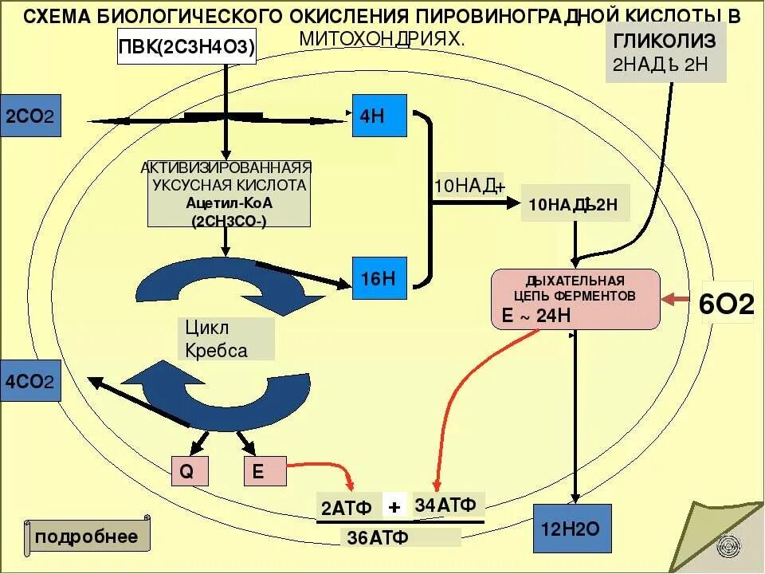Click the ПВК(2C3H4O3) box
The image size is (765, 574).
point(187,49)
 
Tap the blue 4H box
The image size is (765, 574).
point(380,117)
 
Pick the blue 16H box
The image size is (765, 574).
point(380,278)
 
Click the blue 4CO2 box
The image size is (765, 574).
point(29,381)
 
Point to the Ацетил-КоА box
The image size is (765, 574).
point(228,194)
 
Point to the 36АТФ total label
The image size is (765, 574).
point(378,537)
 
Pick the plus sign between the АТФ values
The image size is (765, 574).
point(394,506)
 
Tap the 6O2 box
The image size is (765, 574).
point(727,305)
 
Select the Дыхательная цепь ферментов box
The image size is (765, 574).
point(575,299)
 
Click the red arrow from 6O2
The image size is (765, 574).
point(680,299)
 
